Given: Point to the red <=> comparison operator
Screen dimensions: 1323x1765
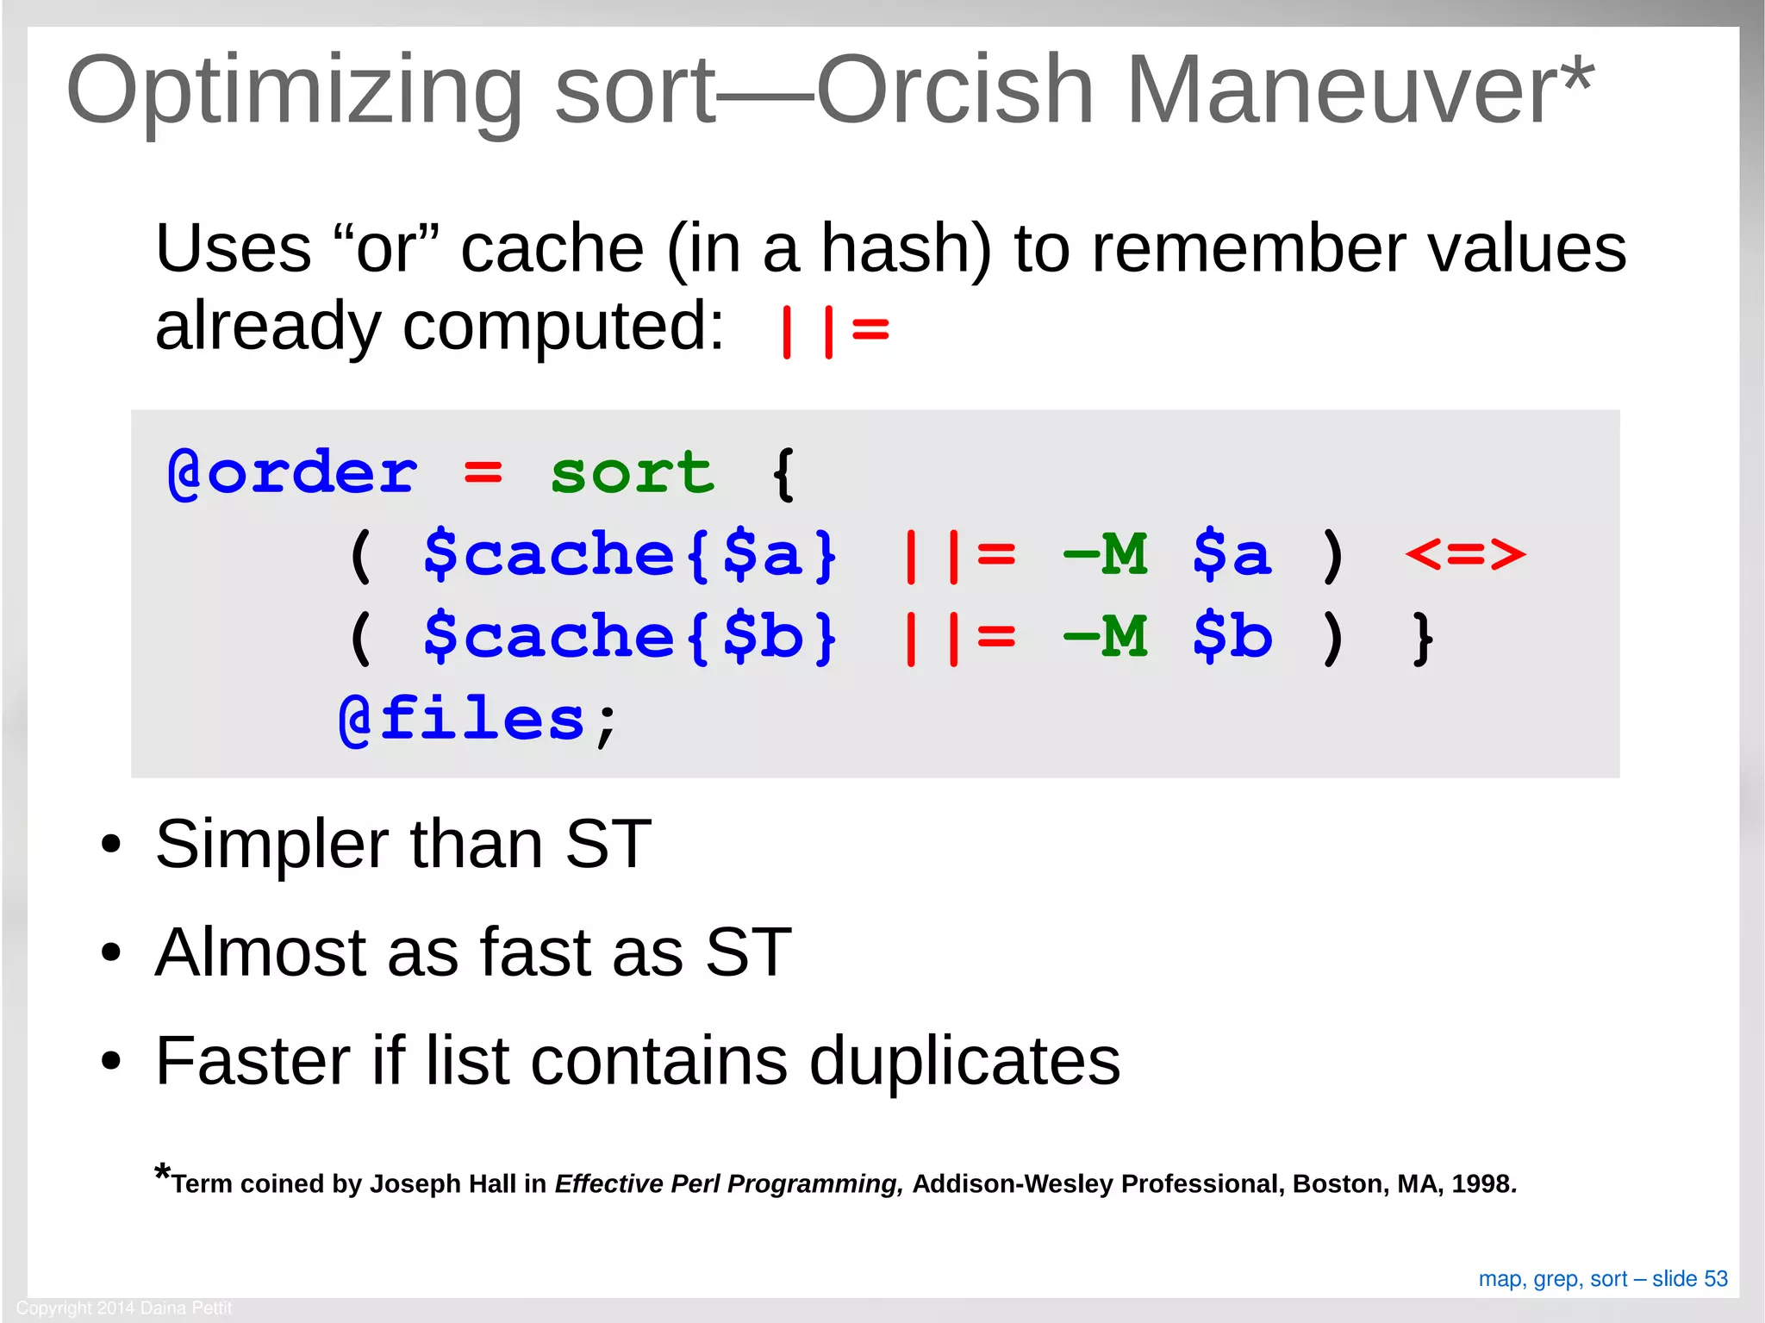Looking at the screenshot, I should (1465, 554).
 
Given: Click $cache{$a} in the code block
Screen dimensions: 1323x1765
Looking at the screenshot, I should (630, 554).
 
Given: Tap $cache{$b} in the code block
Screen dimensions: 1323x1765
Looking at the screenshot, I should (630, 637).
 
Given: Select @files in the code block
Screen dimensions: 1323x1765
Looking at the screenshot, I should (462, 720).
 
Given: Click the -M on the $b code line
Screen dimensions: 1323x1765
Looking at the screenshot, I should (1106, 637).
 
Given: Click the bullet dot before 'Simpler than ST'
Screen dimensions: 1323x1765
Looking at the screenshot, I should (110, 845).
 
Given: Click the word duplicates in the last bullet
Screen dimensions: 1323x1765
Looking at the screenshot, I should (964, 1060).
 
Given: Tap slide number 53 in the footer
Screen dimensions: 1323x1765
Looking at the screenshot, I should (1716, 1279).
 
